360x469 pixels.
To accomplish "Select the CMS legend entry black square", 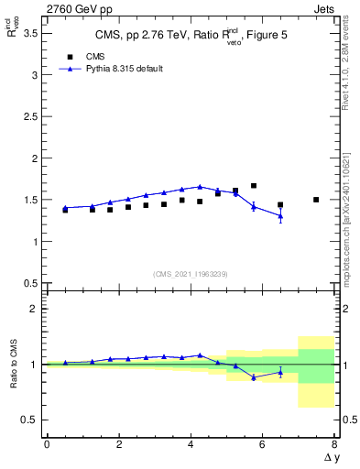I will [x=66, y=57].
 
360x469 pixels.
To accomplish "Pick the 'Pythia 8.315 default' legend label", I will [x=124, y=69].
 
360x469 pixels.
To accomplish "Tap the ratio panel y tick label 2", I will [x=34, y=309].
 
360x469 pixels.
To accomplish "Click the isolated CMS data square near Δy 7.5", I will [x=316, y=200].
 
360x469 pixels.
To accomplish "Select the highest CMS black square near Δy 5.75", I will [x=254, y=186].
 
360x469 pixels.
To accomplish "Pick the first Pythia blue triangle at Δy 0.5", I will [x=65, y=208].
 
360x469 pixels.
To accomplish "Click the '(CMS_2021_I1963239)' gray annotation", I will [x=190, y=274].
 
